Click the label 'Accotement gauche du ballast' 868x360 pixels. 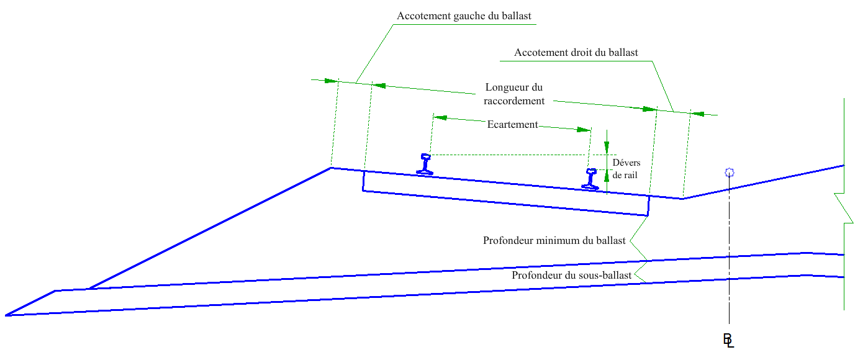(x=464, y=16)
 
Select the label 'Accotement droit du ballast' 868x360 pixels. (x=576, y=52)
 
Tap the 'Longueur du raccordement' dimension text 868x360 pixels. (x=514, y=94)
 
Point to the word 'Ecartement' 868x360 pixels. (x=512, y=124)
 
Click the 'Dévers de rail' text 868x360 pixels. (x=626, y=169)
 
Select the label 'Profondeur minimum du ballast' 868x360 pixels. (x=554, y=241)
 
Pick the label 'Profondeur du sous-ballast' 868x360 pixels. (x=572, y=275)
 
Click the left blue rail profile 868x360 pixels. (x=425, y=164)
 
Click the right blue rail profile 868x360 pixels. (x=590, y=179)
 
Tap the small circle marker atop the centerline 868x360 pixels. (x=730, y=173)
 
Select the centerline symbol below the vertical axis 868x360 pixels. (x=728, y=340)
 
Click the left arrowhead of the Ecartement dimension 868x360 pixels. (x=440, y=117)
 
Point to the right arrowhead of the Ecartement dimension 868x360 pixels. (x=584, y=130)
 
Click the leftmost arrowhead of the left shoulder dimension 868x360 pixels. (x=332, y=81)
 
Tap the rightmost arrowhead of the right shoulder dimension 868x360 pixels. (x=697, y=114)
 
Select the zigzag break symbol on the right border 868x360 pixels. (x=844, y=208)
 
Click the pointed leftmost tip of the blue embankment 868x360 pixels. (x=6, y=315)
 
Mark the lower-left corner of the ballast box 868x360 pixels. (x=363, y=191)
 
